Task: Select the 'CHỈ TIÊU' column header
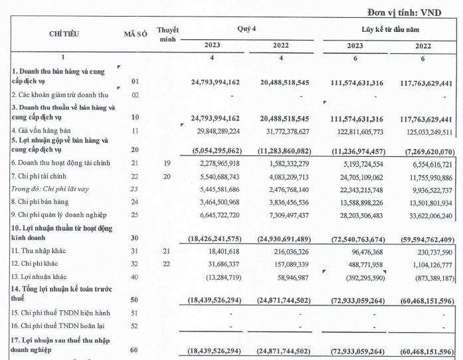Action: point(64,34)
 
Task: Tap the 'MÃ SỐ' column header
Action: point(135,34)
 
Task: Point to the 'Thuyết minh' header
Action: point(168,35)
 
